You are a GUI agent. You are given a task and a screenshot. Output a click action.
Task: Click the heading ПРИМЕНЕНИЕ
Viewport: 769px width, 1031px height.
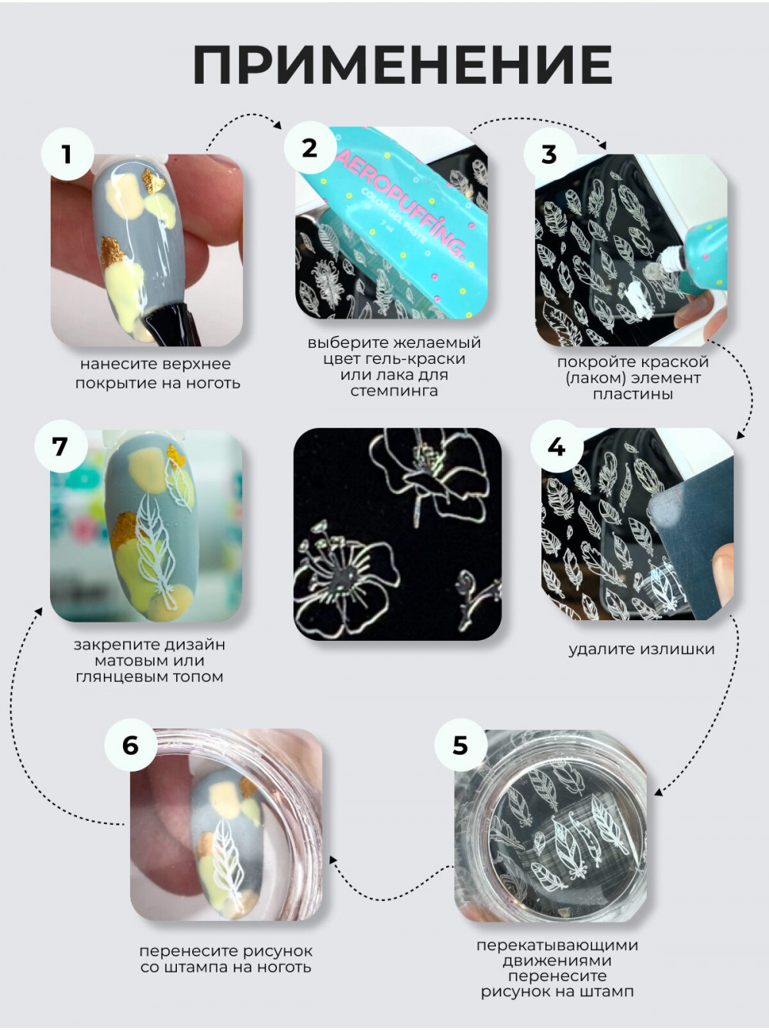pos(403,65)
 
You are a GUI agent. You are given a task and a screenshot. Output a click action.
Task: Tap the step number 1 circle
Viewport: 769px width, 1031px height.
pos(68,154)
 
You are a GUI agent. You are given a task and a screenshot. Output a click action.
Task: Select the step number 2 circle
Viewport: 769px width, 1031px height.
pos(310,148)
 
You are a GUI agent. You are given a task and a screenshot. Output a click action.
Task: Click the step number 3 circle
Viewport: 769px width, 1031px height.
pos(549,154)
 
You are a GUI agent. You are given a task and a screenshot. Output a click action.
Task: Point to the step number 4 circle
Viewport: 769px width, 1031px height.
pos(557,446)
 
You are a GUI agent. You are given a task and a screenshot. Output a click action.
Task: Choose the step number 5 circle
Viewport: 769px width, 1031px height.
pos(461,745)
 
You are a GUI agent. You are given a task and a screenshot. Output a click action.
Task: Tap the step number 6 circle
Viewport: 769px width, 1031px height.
pos(131,745)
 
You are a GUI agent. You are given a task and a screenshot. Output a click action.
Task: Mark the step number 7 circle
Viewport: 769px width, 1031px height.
pos(61,446)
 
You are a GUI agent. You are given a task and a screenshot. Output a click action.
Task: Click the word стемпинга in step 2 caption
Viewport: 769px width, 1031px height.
pos(394,391)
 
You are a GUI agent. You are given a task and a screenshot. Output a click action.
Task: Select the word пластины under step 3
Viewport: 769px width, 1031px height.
pos(632,394)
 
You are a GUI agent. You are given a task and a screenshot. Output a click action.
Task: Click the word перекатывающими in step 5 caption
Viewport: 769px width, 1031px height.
pos(558,945)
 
